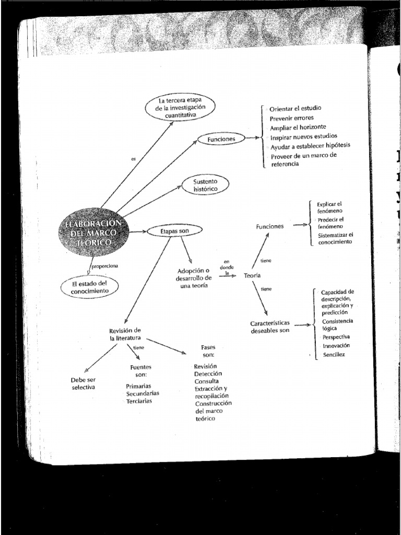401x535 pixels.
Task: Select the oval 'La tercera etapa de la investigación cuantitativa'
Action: [x=180, y=108]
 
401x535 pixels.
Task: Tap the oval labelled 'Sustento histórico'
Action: [x=204, y=184]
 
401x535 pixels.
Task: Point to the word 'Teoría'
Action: [x=252, y=275]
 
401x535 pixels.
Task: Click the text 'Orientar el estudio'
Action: [x=295, y=109]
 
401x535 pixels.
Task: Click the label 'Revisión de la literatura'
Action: [x=125, y=334]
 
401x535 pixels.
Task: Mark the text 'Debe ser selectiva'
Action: [x=84, y=384]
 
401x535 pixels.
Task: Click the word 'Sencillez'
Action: [x=334, y=355]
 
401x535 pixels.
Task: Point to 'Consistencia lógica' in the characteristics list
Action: [x=337, y=324]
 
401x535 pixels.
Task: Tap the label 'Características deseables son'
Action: [x=269, y=327]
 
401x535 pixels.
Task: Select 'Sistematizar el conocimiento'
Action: [x=335, y=238]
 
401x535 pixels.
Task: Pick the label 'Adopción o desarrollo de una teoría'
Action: [x=194, y=278]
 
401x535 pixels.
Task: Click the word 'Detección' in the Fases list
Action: [x=208, y=374]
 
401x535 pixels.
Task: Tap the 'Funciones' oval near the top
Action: [x=221, y=139]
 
